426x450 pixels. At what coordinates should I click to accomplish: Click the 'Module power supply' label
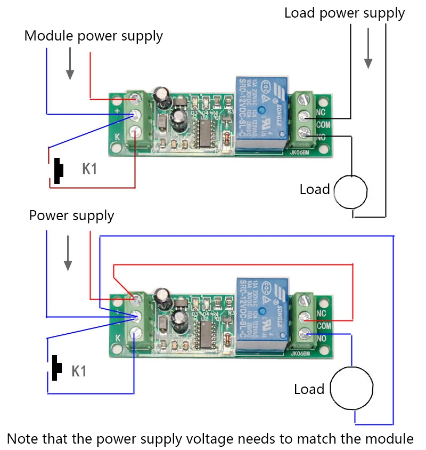pyautogui.click(x=93, y=36)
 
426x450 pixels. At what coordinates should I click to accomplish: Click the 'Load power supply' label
pyautogui.click(x=345, y=13)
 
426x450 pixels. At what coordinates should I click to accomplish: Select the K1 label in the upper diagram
pyautogui.click(x=90, y=169)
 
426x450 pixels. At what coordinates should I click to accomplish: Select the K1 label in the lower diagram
pyautogui.click(x=79, y=371)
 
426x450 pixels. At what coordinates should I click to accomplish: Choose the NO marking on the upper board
pyautogui.click(x=321, y=136)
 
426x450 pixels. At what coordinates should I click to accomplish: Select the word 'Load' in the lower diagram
pyautogui.click(x=309, y=389)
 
